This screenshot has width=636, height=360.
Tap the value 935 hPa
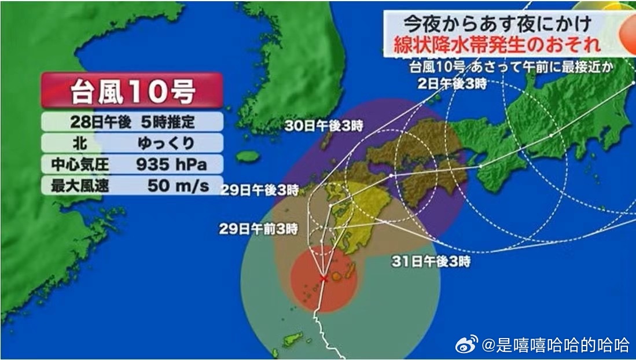pyautogui.click(x=171, y=164)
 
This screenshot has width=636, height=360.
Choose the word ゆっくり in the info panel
pyautogui.click(x=166, y=143)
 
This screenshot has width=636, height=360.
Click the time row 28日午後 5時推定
pyautogui.click(x=131, y=122)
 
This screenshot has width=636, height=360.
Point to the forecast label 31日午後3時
pyautogui.click(x=431, y=261)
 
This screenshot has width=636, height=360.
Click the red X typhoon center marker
pyautogui.click(x=323, y=278)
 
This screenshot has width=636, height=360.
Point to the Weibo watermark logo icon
pyautogui.click(x=466, y=346)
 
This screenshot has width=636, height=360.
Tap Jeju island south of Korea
pyautogui.click(x=248, y=157)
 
